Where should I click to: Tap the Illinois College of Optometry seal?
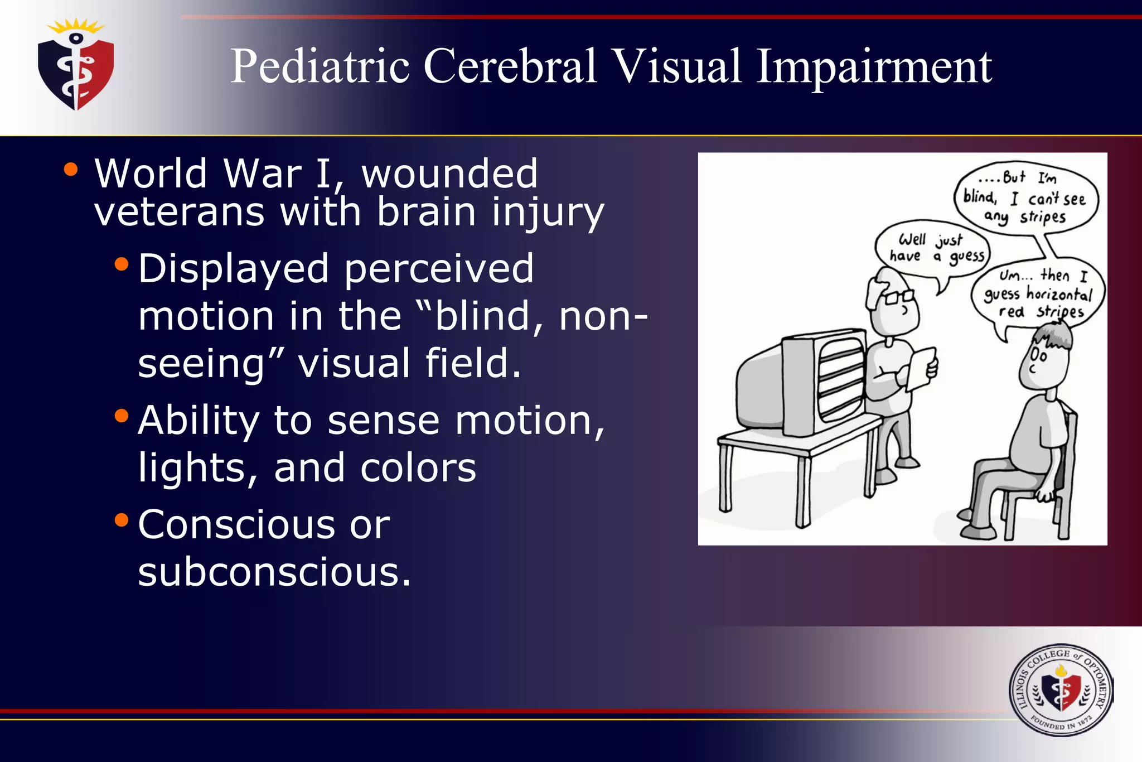pos(1061,691)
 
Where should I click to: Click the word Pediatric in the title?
pos(320,67)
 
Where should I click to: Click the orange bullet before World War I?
pos(70,170)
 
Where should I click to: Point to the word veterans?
pos(179,212)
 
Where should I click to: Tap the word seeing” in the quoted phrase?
pos(211,364)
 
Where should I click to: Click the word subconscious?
pos(274,572)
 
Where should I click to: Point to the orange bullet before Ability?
pos(121,416)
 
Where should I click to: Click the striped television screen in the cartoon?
pos(839,382)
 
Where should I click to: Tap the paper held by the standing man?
pos(920,368)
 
